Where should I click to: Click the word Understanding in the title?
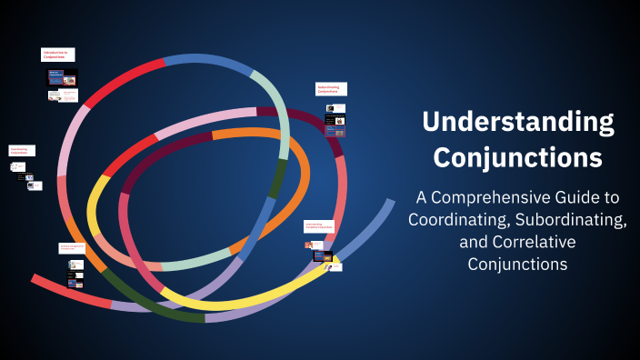(517, 123)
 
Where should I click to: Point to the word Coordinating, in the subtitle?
(452, 219)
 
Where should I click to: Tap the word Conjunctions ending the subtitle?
(517, 265)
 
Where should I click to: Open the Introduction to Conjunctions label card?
(57, 55)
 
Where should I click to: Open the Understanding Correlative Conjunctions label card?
(320, 225)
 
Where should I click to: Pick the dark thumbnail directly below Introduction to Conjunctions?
(63, 77)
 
